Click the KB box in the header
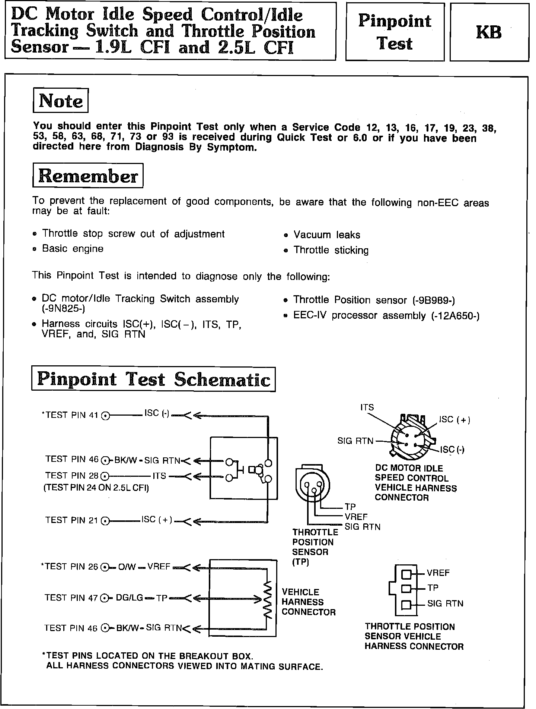point(489,32)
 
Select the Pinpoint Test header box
point(395,32)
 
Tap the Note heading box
point(61,101)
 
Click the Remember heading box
point(88,176)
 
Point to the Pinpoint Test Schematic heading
point(153,379)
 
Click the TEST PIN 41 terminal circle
point(106,415)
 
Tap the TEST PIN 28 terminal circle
point(106,476)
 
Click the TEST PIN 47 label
point(71,598)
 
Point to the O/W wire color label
point(125,567)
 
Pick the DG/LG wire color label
point(130,598)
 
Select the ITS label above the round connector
point(367,407)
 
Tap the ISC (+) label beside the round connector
point(454,420)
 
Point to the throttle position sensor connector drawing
point(312,484)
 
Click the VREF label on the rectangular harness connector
point(438,573)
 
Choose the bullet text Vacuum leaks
point(326,235)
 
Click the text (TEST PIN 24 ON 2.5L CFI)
point(96,488)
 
